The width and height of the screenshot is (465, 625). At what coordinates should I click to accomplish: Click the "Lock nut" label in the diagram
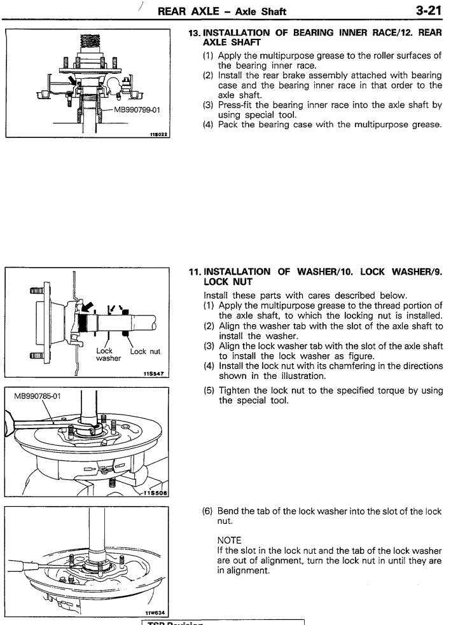click(x=145, y=351)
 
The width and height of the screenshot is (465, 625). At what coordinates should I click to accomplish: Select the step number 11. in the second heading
click(x=195, y=272)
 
